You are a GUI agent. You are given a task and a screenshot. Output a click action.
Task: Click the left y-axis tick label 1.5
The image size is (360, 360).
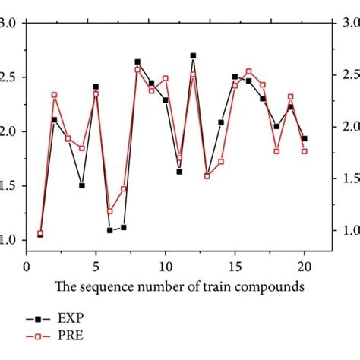(x=12, y=186)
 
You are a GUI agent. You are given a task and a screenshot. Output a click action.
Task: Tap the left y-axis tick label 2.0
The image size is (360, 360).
(x=12, y=131)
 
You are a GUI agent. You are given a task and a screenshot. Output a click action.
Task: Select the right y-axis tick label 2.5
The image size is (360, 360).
(x=346, y=76)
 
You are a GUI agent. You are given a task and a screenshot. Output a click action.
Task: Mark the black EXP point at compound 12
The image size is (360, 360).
(x=193, y=55)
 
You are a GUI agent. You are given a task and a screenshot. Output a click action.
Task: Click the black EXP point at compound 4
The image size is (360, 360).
(x=81, y=185)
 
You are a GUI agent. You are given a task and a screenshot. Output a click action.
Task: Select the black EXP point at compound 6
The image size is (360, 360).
(x=109, y=229)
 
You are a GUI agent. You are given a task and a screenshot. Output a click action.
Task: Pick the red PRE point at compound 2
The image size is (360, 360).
(x=54, y=95)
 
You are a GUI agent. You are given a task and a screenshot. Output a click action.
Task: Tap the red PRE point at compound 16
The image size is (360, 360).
(x=248, y=71)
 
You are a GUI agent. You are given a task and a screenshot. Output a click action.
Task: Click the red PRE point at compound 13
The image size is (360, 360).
(x=207, y=176)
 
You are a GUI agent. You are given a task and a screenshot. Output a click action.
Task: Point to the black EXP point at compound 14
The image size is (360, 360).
(x=221, y=122)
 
